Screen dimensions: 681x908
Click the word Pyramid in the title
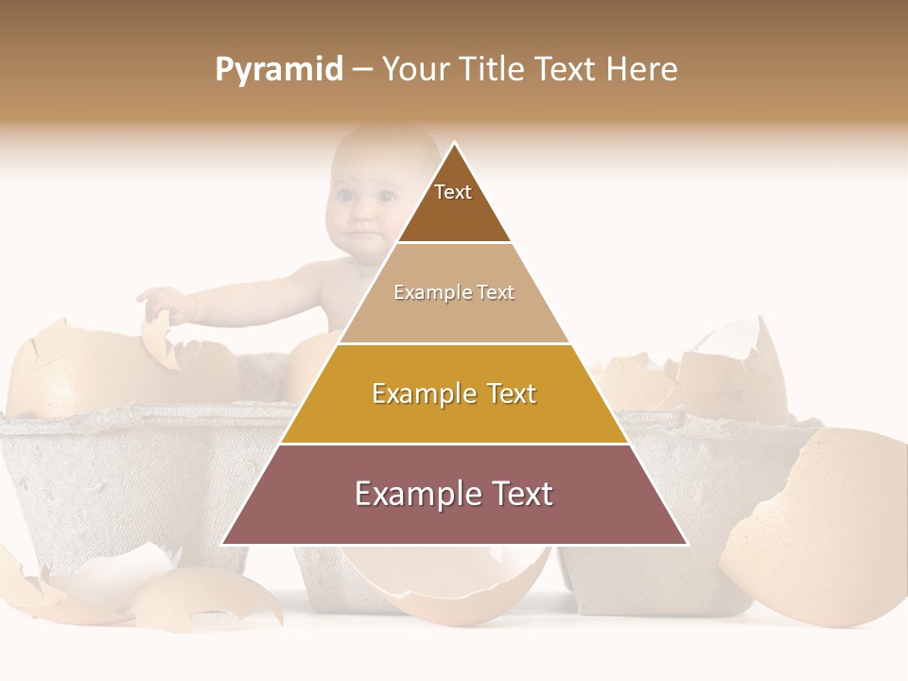(278, 70)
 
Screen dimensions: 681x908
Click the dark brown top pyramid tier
(454, 213)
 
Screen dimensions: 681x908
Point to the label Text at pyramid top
(453, 192)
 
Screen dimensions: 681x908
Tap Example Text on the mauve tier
(454, 494)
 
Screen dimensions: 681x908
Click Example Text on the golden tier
(454, 393)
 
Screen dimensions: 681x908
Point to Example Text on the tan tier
(454, 292)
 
